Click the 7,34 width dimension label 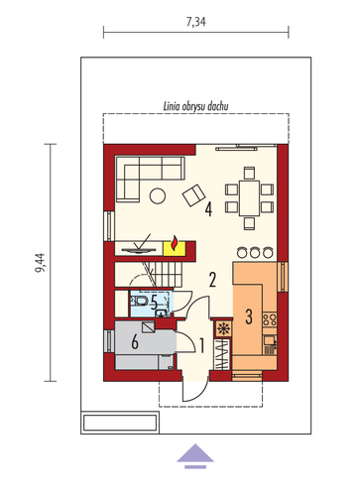coord(196,22)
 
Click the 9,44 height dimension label coord(40,263)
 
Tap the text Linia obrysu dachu coord(196,106)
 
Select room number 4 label coord(208,209)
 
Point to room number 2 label coord(212,280)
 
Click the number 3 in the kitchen coord(249,316)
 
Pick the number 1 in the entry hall coord(201,346)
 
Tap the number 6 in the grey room coord(135,342)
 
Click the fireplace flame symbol coord(174,243)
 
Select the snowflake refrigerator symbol coord(223,328)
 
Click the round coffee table coord(158,196)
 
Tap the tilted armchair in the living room coord(194,195)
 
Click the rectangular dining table coord(250,198)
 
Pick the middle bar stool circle coord(254,252)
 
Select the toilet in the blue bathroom coord(141,301)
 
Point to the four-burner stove coord(270,319)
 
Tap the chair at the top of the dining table coord(250,173)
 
